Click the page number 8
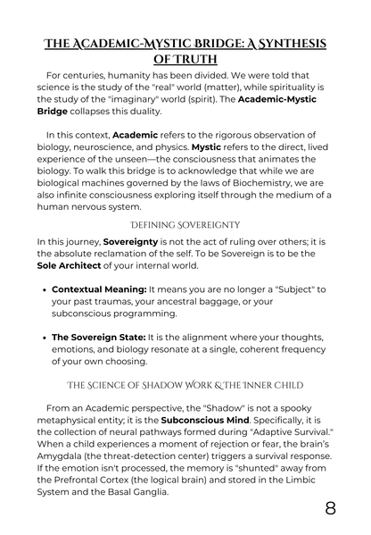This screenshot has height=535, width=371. [330, 508]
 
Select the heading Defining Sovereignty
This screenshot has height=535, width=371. [185, 222]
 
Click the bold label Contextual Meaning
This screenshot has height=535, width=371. [98, 290]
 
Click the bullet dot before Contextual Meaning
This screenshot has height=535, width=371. [44, 290]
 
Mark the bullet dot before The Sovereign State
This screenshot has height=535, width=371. [44, 337]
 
